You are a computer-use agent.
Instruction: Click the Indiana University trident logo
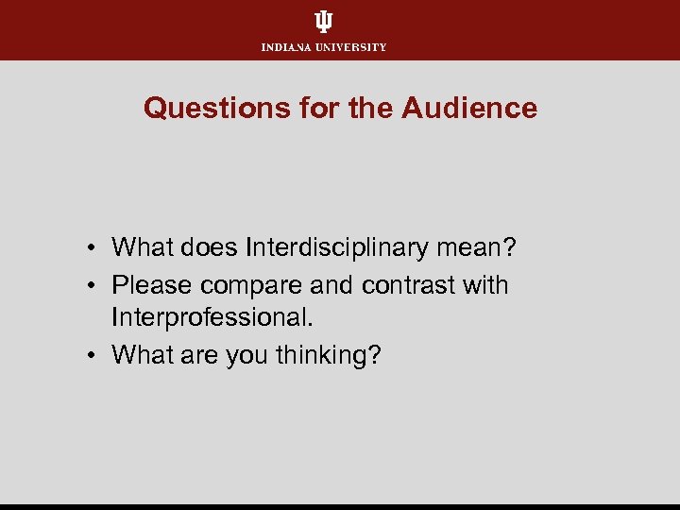(x=324, y=23)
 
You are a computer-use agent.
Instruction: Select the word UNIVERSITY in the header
(x=351, y=47)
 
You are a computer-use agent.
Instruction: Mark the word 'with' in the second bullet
(x=485, y=284)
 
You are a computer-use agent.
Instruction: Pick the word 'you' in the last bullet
(x=248, y=357)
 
